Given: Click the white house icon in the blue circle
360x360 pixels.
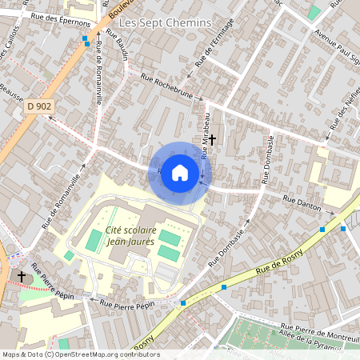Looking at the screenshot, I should coord(180,173).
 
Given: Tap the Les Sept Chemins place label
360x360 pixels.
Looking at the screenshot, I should coord(166,23).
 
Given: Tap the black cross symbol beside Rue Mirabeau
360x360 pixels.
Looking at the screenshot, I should coord(213,139).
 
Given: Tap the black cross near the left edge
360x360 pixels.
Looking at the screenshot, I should coord(21,276).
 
